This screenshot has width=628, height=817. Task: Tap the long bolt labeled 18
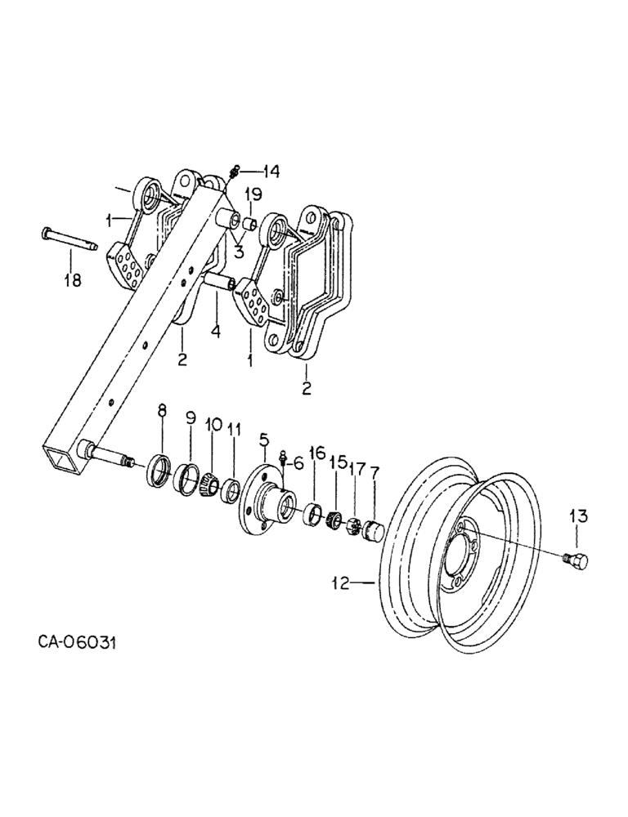pos(69,238)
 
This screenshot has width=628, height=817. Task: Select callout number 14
pos(271,171)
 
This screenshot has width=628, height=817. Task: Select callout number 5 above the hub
pos(263,442)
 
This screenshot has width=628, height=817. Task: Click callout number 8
pos(161,413)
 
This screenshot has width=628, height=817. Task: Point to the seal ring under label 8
pos(159,474)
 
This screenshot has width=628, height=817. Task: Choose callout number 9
pos(190,417)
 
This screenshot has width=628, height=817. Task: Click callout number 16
pos(317,453)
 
